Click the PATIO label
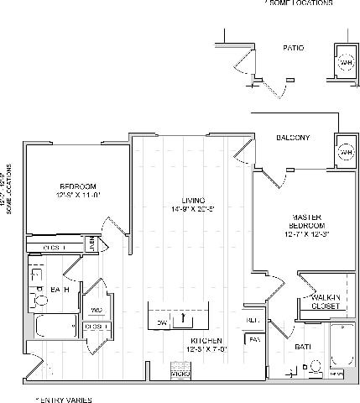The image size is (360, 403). tap(294, 50)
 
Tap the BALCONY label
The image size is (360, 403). tap(294, 138)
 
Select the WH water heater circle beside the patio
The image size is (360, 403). tap(345, 63)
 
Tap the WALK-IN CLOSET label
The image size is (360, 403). tap(325, 301)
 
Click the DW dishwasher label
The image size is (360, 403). tap(162, 322)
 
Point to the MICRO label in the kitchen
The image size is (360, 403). tap(179, 372)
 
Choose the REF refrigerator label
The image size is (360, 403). tap(253, 320)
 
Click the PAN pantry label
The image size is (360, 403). tap(253, 339)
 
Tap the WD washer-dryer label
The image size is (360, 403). tap(96, 309)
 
